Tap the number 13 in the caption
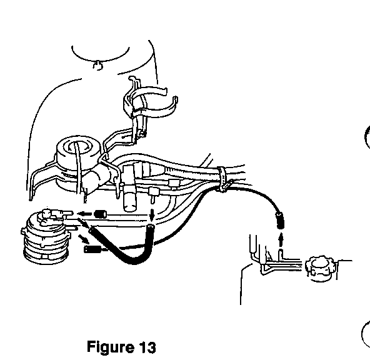[x=147, y=347]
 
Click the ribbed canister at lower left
[x=46, y=238]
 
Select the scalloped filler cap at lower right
[x=320, y=268]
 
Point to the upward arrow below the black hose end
[x=281, y=240]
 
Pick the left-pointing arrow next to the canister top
[x=84, y=214]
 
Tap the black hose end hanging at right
[x=280, y=221]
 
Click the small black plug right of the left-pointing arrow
[x=100, y=214]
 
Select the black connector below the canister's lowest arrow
[x=92, y=249]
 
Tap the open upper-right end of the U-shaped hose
[x=151, y=227]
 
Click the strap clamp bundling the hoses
[x=222, y=179]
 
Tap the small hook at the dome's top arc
[x=97, y=66]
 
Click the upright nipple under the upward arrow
[x=281, y=255]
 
